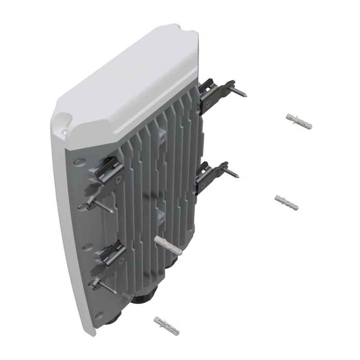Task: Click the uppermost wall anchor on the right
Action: [x=299, y=121]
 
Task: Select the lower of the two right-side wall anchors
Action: [x=286, y=202]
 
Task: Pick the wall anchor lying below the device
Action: [x=166, y=326]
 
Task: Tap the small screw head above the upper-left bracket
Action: [x=77, y=161]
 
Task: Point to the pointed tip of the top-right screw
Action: [x=246, y=96]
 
